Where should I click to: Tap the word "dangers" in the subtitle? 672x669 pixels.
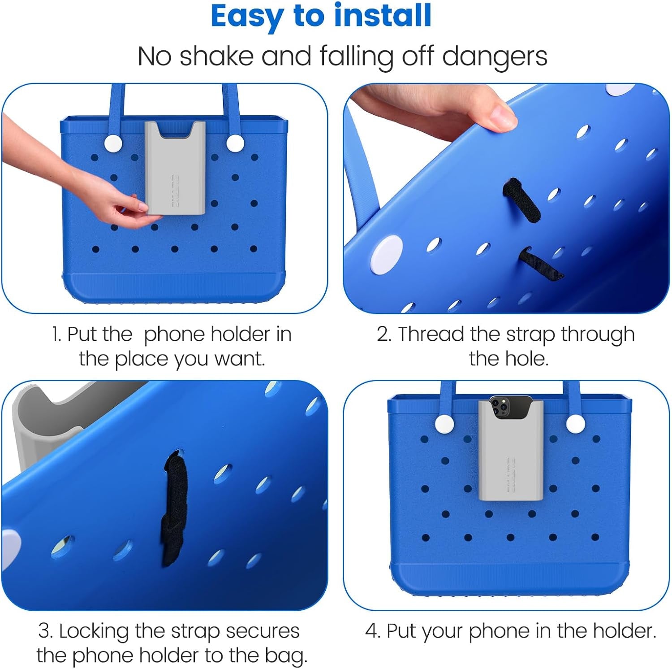[495, 57]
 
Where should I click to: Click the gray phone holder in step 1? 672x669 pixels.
[175, 168]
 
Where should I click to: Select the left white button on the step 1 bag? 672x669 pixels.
[113, 143]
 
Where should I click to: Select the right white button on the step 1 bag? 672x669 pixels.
[235, 143]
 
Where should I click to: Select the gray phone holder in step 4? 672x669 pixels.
[511, 451]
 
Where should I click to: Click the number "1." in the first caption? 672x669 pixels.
[56, 334]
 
